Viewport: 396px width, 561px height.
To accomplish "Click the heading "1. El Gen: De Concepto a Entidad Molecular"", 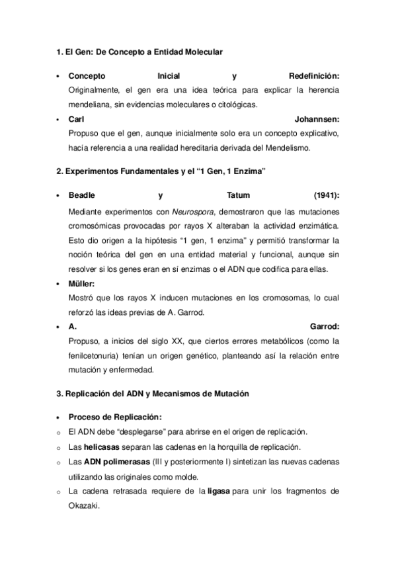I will tap(139, 51).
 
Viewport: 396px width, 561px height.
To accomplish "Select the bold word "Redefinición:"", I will tap(314, 75).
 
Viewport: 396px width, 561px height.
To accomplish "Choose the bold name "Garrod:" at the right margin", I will tap(325, 326).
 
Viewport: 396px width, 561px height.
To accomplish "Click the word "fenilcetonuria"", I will tap(91, 355).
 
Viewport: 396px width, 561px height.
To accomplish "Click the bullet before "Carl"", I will tap(59, 119).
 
